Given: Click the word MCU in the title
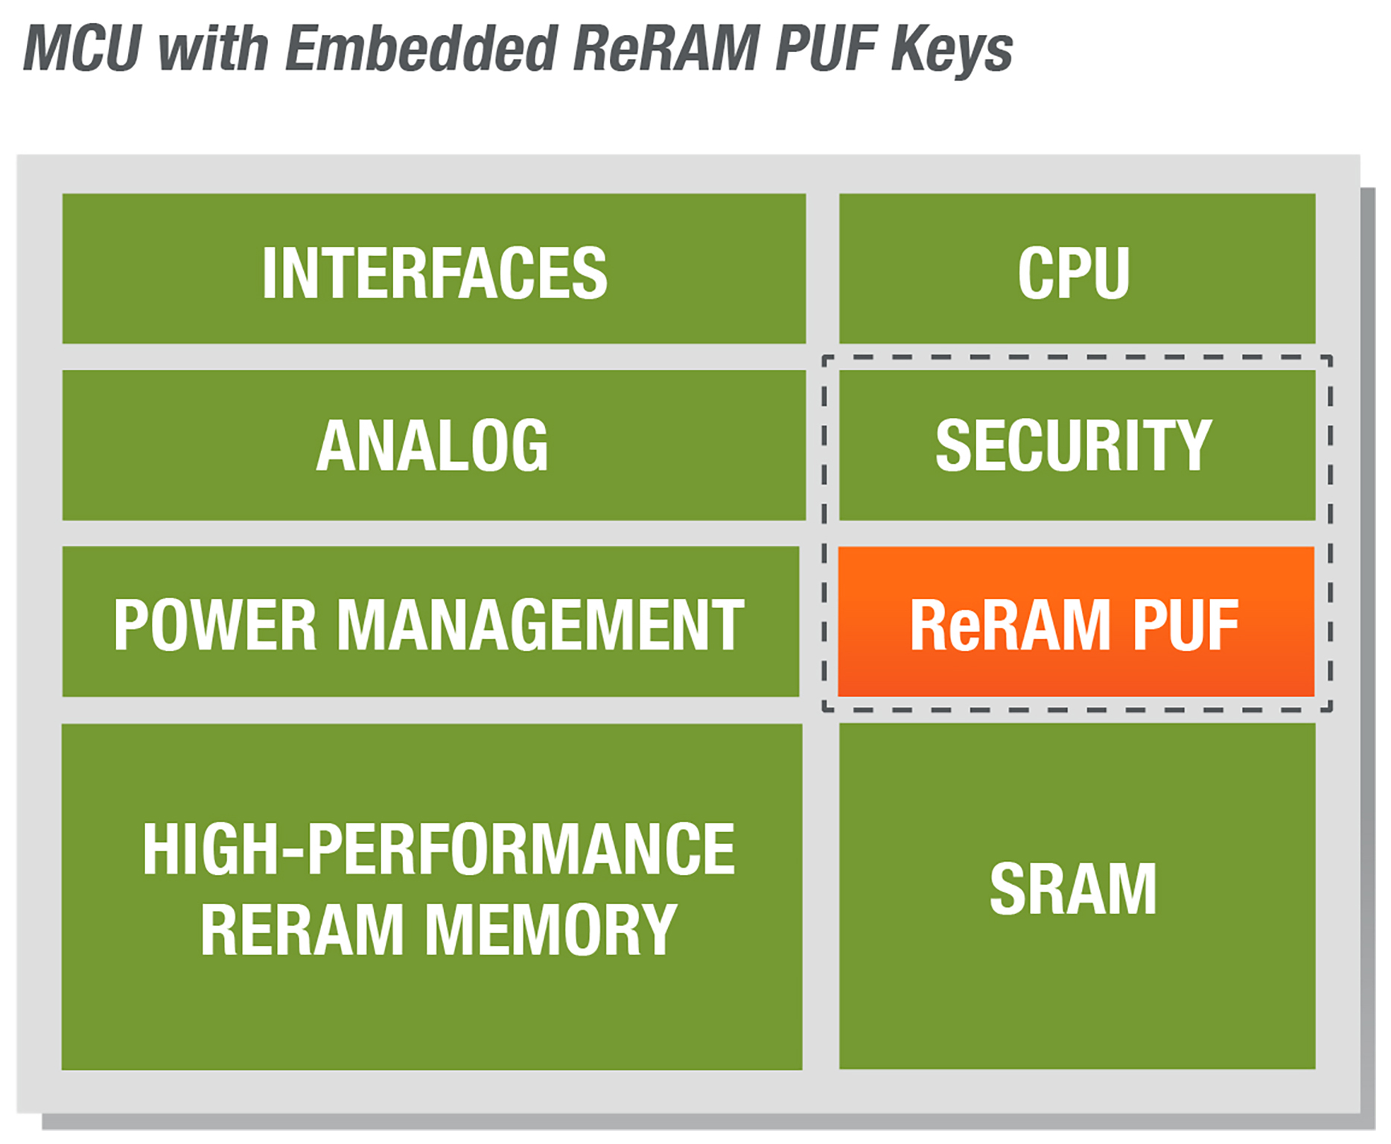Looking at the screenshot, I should click(x=82, y=48).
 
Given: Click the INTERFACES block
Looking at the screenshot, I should click(x=434, y=270).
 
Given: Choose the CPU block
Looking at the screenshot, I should click(x=1077, y=270).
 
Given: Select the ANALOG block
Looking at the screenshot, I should click(x=434, y=445).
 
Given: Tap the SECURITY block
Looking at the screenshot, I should click(x=1077, y=445).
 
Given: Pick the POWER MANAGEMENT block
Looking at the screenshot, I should click(x=430, y=622).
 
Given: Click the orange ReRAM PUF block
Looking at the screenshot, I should click(x=1076, y=622).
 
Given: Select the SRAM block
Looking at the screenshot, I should click(x=1077, y=896).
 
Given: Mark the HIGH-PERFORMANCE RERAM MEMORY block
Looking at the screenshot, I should click(x=432, y=897).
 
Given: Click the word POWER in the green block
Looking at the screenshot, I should click(x=215, y=626).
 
